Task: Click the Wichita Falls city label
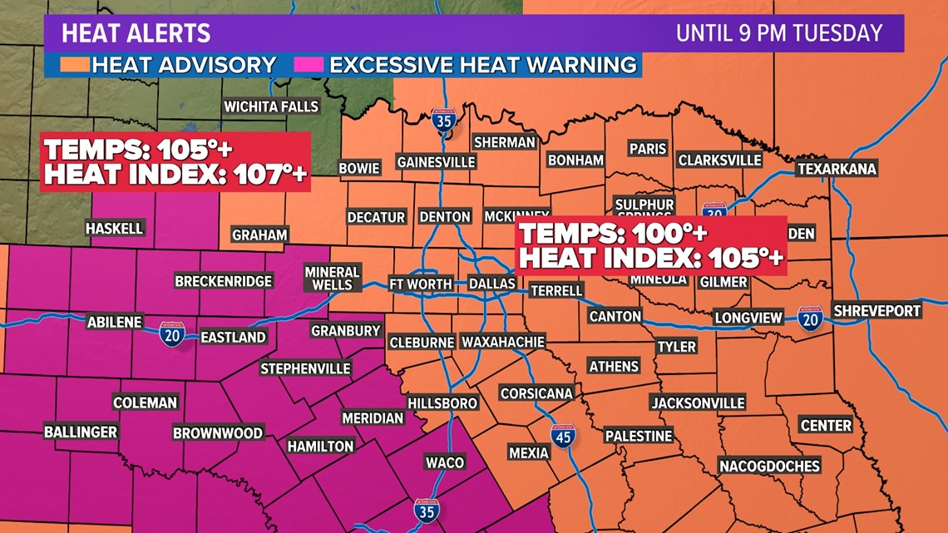[x=271, y=106]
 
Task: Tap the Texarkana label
[x=837, y=169]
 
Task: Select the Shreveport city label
[x=877, y=310]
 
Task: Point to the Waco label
[x=444, y=462]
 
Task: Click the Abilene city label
[x=115, y=322]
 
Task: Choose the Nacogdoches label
[x=769, y=466]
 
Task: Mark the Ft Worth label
[x=421, y=284]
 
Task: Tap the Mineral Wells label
[x=332, y=279]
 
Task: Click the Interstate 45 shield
[x=563, y=435]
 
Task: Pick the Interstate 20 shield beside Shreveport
[x=809, y=318]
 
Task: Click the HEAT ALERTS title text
[x=136, y=34]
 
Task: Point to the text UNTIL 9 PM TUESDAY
[x=778, y=33]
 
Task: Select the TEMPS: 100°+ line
[x=615, y=233]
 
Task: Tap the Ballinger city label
[x=81, y=432]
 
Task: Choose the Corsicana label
[x=536, y=393]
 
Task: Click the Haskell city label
[x=115, y=228]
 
